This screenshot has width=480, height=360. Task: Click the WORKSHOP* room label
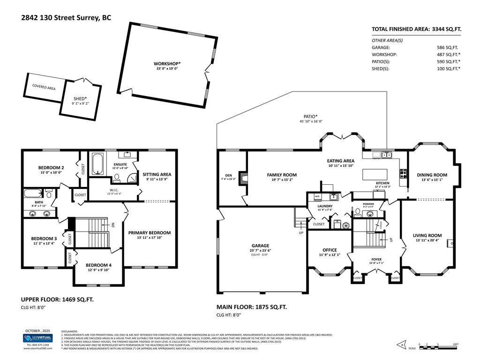pos(167,64)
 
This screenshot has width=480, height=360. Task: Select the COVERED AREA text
pos(44,87)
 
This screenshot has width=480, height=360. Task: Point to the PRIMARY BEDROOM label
pos(149,232)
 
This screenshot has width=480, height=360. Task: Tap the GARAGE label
pos(261,246)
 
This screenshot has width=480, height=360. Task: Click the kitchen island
pos(377,174)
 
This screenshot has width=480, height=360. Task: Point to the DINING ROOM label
pos(432,175)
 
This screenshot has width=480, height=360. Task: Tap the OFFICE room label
pos(330,250)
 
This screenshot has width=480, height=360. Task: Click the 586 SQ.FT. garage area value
pos(447,47)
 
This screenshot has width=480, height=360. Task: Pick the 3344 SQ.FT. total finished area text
pos(447,29)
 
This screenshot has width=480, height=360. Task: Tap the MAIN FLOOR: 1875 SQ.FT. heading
pos(251,307)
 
